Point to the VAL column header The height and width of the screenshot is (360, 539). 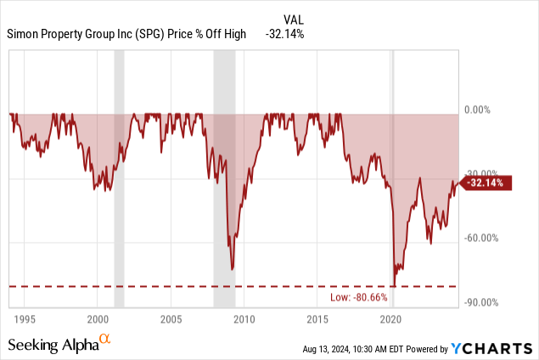[292, 19]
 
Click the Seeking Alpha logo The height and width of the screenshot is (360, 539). [59, 344]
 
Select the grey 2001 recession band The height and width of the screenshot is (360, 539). [119, 178]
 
